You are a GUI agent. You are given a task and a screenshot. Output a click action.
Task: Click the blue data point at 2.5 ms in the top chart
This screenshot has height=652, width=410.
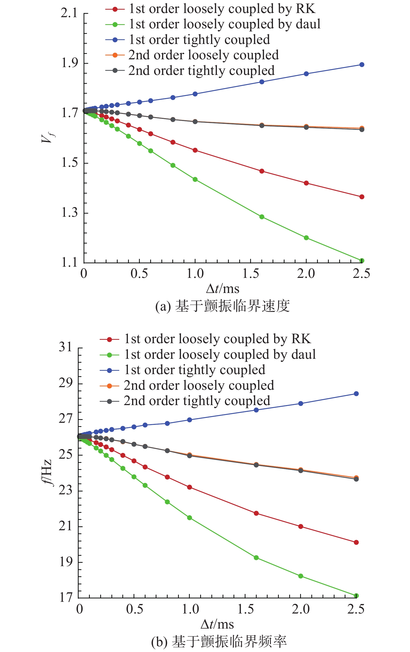[362, 65]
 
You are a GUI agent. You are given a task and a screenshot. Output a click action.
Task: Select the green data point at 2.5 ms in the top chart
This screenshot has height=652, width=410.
[362, 260]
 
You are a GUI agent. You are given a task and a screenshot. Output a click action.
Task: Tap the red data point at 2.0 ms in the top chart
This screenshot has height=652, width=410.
[306, 183]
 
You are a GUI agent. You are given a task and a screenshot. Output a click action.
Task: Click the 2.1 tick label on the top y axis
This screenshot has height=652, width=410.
[69, 13]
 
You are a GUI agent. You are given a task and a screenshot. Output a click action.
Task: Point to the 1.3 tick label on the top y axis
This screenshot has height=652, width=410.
[69, 213]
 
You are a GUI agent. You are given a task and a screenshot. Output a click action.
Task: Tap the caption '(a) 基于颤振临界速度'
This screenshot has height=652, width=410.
[222, 306]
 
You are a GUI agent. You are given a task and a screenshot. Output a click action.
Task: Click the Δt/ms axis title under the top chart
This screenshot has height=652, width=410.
[223, 289]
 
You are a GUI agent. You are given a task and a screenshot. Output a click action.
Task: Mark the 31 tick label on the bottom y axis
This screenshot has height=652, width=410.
[66, 347]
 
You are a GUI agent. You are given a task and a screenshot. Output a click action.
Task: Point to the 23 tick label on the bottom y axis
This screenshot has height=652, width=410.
[66, 490]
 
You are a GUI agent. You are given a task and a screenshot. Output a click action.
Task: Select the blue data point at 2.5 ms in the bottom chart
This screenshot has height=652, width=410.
[356, 394]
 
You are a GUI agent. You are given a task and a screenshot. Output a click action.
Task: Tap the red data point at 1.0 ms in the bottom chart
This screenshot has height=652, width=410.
[190, 487]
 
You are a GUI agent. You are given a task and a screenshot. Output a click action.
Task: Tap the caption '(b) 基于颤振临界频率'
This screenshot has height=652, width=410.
[219, 642]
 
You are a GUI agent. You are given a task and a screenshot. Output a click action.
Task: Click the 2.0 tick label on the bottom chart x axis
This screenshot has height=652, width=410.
[300, 609]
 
